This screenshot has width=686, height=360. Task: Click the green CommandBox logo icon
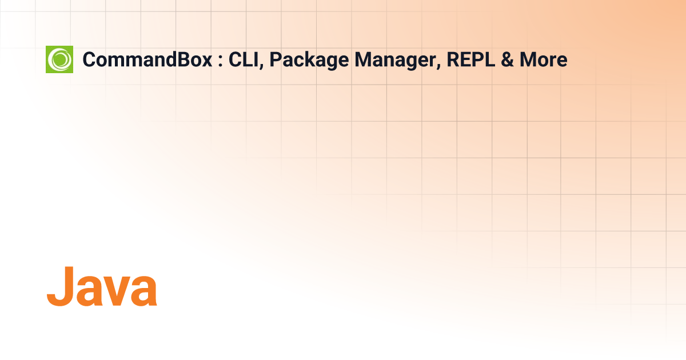tap(59, 59)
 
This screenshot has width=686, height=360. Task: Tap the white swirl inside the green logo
tap(59, 59)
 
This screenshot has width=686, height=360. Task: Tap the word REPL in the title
tap(470, 59)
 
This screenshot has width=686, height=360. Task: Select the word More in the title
tap(543, 59)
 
